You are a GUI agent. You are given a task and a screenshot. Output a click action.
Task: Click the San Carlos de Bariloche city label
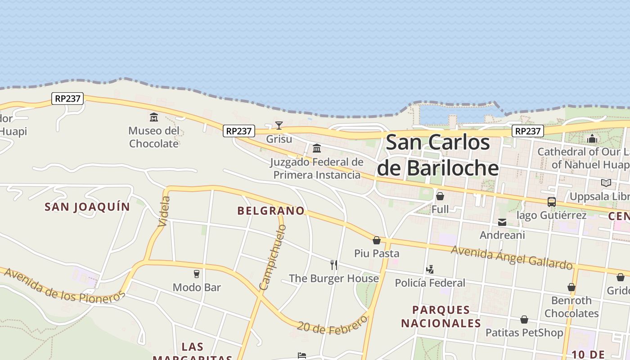438,155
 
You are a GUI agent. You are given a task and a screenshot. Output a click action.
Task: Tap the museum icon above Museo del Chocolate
154,117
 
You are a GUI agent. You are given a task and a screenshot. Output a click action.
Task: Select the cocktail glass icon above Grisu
279,125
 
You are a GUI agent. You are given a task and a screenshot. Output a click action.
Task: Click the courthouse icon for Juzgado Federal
317,148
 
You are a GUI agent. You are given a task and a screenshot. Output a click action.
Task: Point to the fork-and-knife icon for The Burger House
334,265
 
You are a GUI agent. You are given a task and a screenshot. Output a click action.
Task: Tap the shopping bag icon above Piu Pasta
377,240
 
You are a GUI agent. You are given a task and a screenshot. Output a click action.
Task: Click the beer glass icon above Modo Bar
197,274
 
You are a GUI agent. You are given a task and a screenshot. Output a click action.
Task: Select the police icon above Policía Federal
430,270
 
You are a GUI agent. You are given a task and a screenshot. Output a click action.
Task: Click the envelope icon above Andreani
502,222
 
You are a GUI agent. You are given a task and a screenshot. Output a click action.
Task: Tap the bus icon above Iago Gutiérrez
551,202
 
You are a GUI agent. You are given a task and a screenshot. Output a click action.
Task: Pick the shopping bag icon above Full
440,196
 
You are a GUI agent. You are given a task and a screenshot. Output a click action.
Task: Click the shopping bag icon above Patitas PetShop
524,319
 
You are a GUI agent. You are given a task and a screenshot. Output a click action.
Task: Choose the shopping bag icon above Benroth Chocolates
571,287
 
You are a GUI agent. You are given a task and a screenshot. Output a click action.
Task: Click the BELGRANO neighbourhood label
271,211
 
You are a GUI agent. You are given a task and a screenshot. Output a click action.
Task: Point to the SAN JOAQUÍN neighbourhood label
87,207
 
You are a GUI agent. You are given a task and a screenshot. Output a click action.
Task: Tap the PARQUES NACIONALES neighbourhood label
441,316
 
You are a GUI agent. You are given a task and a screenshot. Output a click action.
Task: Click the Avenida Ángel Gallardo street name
512,256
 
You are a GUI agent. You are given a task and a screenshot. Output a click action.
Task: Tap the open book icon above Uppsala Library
606,183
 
